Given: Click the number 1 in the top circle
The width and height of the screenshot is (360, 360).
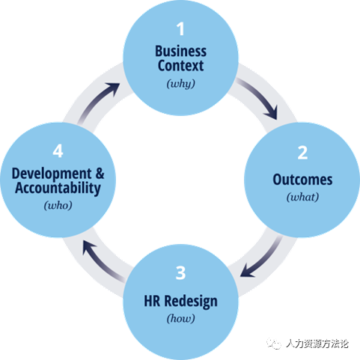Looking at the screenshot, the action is pyautogui.click(x=180, y=29).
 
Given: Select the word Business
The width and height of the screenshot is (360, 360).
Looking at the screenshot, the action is pyautogui.click(x=181, y=51).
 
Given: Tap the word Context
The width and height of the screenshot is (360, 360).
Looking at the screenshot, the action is pyautogui.click(x=181, y=66).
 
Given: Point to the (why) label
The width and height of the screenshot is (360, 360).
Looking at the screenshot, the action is pyautogui.click(x=181, y=84).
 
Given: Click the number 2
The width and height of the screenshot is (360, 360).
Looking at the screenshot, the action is pyautogui.click(x=302, y=153).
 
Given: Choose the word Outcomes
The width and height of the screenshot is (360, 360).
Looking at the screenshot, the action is pyautogui.click(x=302, y=180).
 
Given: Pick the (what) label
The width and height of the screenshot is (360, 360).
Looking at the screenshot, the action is pyautogui.click(x=302, y=197).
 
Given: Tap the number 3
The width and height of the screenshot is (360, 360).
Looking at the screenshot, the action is pyautogui.click(x=180, y=272).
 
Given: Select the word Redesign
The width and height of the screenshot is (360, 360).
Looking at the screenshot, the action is pyautogui.click(x=191, y=302).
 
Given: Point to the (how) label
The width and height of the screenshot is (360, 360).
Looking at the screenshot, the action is pyautogui.click(x=181, y=319).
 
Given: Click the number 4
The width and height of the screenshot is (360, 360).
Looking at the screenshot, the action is pyautogui.click(x=58, y=151).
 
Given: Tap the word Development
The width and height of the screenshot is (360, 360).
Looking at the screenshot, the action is pyautogui.click(x=52, y=174).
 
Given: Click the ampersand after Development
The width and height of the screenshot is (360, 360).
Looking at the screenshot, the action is pyautogui.click(x=100, y=173).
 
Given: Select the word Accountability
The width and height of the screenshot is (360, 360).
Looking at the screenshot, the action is pyautogui.click(x=58, y=188).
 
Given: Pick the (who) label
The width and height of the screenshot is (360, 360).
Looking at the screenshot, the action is pyautogui.click(x=58, y=206).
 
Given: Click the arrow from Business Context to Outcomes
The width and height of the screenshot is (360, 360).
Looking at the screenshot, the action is pyautogui.click(x=260, y=95).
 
